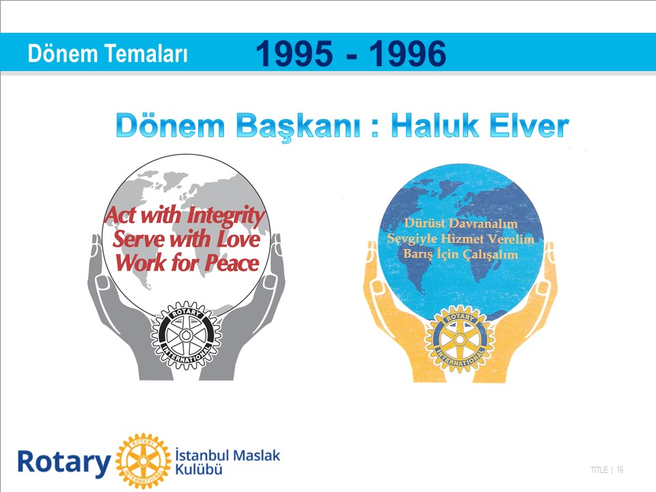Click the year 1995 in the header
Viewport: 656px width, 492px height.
coord(294,54)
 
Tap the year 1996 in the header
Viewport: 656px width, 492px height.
coord(407,54)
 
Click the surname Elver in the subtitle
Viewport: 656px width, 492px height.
coord(529,126)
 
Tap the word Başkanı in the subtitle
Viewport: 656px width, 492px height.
coord(298,127)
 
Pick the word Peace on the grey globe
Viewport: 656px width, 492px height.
coord(232,263)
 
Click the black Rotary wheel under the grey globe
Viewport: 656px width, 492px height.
coord(186,335)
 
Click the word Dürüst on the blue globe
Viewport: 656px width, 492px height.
coord(424,223)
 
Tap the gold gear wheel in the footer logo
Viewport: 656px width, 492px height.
coord(143,461)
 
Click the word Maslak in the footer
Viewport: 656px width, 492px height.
coord(255,455)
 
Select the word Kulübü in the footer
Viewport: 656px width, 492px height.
coord(198,469)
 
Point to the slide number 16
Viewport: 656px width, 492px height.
coord(620,470)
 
